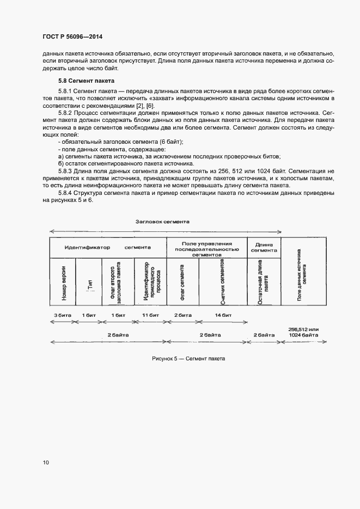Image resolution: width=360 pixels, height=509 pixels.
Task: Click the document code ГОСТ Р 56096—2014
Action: click(x=72, y=37)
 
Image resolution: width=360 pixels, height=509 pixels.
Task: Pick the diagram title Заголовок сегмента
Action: click(x=162, y=222)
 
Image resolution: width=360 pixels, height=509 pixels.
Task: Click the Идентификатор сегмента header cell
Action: click(x=107, y=247)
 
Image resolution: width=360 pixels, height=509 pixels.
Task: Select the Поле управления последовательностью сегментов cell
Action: click(x=207, y=248)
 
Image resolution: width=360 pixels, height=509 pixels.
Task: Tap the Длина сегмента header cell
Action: click(x=264, y=247)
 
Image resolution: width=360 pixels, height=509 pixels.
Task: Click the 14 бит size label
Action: click(x=223, y=315)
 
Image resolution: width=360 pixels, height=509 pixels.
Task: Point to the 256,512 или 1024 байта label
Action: click(x=303, y=333)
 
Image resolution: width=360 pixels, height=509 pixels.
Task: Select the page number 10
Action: click(x=46, y=463)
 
